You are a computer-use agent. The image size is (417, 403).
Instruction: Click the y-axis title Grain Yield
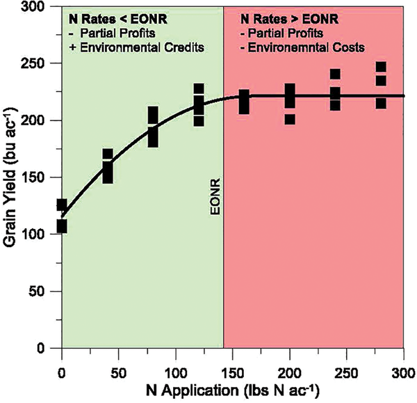(x=13, y=177)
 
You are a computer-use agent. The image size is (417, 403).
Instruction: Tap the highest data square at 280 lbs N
(x=380, y=68)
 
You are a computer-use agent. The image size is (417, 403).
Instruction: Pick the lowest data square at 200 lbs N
(x=290, y=119)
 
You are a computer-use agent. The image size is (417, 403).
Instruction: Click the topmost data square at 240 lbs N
(x=335, y=74)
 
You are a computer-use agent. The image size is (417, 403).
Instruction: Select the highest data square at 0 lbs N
(x=62, y=205)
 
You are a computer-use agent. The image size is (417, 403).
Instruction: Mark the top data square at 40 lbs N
(x=107, y=155)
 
